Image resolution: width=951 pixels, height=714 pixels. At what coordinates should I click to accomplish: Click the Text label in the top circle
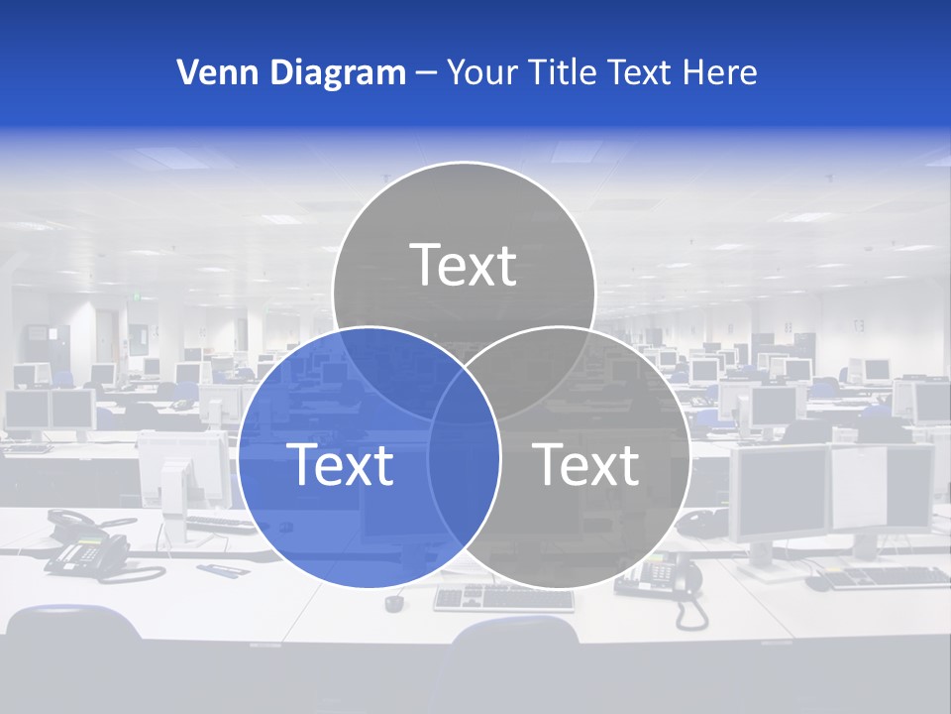(x=464, y=266)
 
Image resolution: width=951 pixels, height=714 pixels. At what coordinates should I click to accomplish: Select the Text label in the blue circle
(x=340, y=464)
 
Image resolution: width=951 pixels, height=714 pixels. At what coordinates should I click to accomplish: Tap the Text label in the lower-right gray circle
(x=586, y=464)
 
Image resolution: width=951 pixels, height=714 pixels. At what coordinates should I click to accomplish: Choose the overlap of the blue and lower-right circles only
(x=464, y=476)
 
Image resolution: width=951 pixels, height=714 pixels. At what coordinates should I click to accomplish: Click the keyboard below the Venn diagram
(x=503, y=598)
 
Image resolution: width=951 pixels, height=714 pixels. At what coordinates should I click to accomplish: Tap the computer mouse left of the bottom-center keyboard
(x=395, y=602)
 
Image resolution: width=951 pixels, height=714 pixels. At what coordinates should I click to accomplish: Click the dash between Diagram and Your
(x=426, y=73)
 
